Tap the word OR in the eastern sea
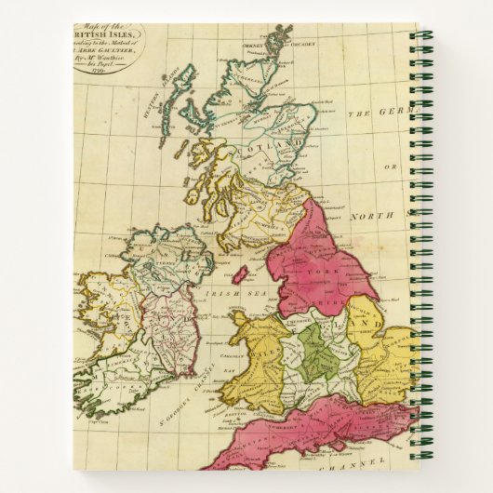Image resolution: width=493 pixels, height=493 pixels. tap(392, 167)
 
